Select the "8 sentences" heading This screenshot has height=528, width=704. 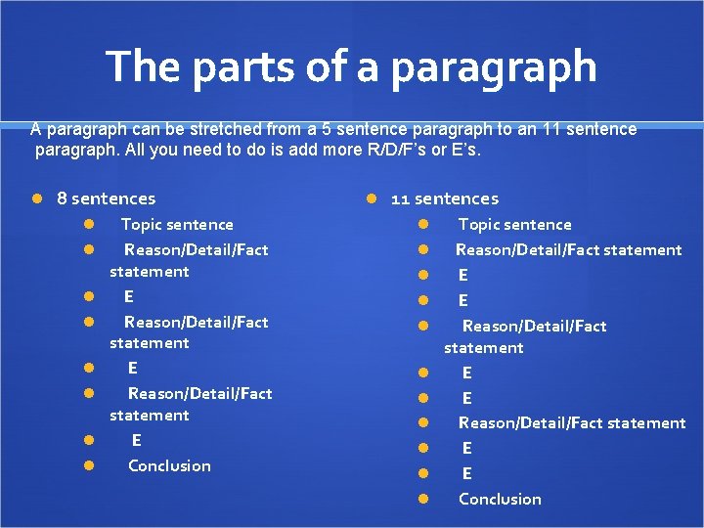point(107,198)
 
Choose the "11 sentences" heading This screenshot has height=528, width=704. point(445,198)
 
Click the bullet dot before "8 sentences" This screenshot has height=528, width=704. point(36,198)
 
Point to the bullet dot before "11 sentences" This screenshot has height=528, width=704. point(371,198)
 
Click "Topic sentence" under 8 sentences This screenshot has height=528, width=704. point(177,225)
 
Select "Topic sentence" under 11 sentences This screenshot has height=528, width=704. point(515,225)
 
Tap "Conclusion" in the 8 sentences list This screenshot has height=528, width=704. point(169,465)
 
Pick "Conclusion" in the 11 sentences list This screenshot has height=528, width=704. point(500,499)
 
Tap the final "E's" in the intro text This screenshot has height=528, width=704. point(466,152)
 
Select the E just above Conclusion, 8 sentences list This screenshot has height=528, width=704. point(136,441)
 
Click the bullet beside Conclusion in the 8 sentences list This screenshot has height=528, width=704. point(88,466)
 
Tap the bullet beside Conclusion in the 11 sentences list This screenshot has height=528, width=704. point(424,500)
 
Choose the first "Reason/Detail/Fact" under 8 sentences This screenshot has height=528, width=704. point(196,250)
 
